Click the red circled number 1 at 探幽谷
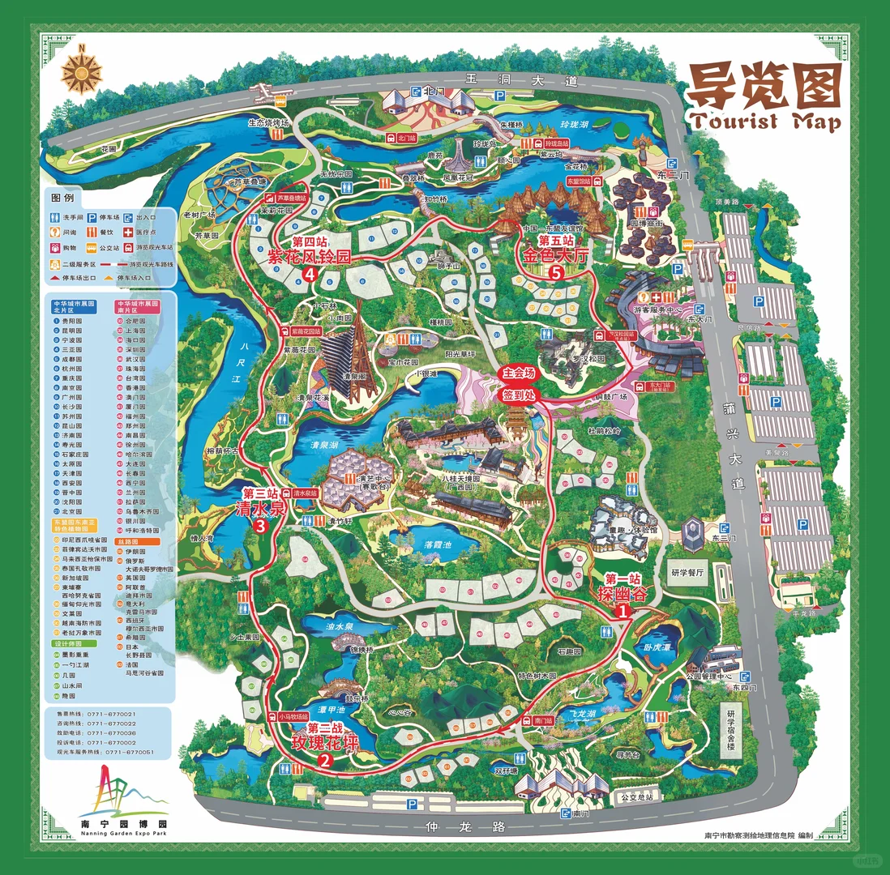(623, 613)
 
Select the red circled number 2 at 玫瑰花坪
(325, 761)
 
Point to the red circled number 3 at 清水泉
(260, 526)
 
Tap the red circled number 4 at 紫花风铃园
(310, 275)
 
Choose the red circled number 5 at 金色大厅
(555, 273)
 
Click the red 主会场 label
(520, 374)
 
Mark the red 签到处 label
(520, 395)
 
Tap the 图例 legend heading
(62, 197)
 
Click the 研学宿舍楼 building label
(730, 726)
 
